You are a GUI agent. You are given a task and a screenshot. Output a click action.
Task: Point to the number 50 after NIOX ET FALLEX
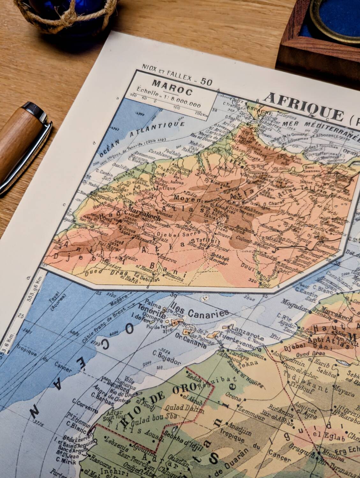click(x=206, y=82)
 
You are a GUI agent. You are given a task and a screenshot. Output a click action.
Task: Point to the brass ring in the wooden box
click(x=335, y=16)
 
